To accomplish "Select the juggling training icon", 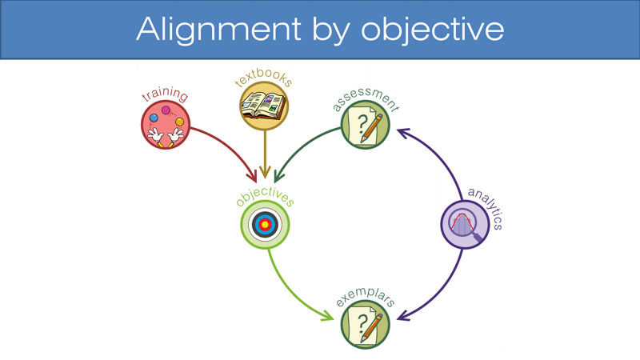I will tap(166, 126).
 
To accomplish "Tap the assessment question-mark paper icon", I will tap(366, 126).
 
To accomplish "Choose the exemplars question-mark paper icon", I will tap(366, 324).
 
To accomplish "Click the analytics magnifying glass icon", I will tap(465, 224).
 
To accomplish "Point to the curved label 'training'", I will tap(165, 95).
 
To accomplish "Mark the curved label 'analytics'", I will tap(486, 206).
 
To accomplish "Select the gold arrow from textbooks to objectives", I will tap(264, 152).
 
